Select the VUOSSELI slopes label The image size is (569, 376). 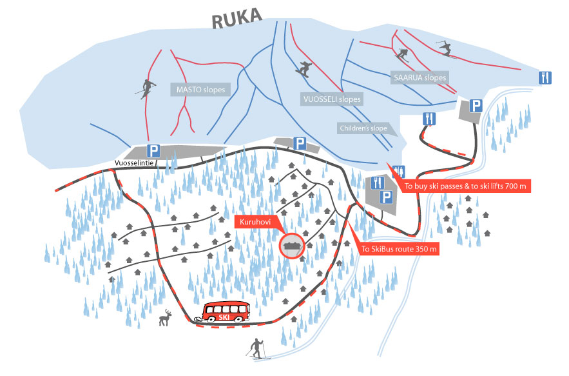coord(331,100)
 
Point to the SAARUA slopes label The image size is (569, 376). coord(420,77)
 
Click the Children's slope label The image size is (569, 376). coord(363,128)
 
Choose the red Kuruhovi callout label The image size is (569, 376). coord(256,221)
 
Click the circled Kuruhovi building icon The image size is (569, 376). coord(292,245)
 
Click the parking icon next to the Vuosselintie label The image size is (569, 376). coord(154,151)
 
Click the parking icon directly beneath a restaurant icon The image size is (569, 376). coord(387,197)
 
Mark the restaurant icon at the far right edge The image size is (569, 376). coord(545,77)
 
